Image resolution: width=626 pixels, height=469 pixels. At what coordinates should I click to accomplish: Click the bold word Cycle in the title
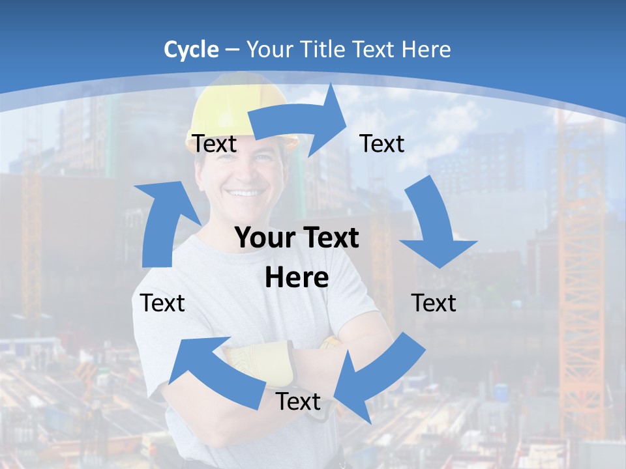(x=191, y=50)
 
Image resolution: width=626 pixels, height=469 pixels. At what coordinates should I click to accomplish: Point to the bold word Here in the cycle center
(x=297, y=277)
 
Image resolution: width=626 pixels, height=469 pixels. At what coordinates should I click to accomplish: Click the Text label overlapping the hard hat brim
(x=215, y=144)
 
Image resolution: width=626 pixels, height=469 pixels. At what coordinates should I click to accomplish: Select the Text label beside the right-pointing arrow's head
(x=382, y=144)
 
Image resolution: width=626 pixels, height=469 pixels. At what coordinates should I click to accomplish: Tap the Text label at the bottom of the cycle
(x=298, y=402)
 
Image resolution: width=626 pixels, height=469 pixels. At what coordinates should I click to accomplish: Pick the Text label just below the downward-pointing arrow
(x=434, y=303)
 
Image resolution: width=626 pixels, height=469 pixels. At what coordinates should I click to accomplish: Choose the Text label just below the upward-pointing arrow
(x=162, y=303)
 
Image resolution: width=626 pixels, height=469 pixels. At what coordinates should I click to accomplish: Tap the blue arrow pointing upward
(x=163, y=221)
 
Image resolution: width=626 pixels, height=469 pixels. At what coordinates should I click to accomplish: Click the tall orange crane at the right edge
(x=580, y=274)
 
